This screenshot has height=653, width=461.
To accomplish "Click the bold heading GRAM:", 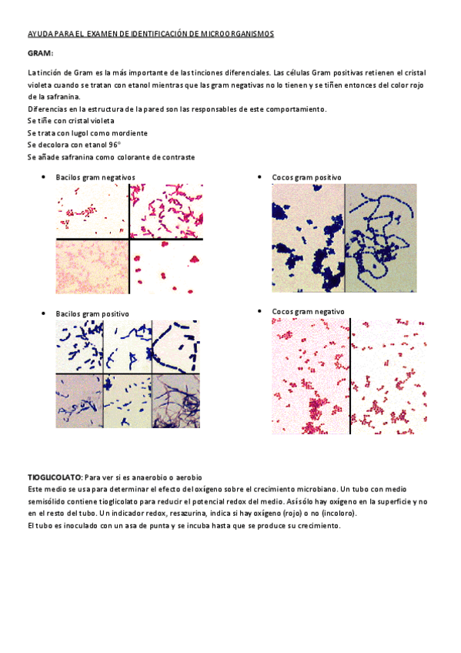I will (x=40, y=52).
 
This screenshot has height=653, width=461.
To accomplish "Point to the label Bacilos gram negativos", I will (x=95, y=177).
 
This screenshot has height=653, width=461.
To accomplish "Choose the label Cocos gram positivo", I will (x=306, y=177).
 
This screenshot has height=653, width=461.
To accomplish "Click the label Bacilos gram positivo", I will (x=92, y=313).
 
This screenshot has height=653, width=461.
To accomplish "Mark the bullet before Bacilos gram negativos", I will (x=42, y=177).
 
